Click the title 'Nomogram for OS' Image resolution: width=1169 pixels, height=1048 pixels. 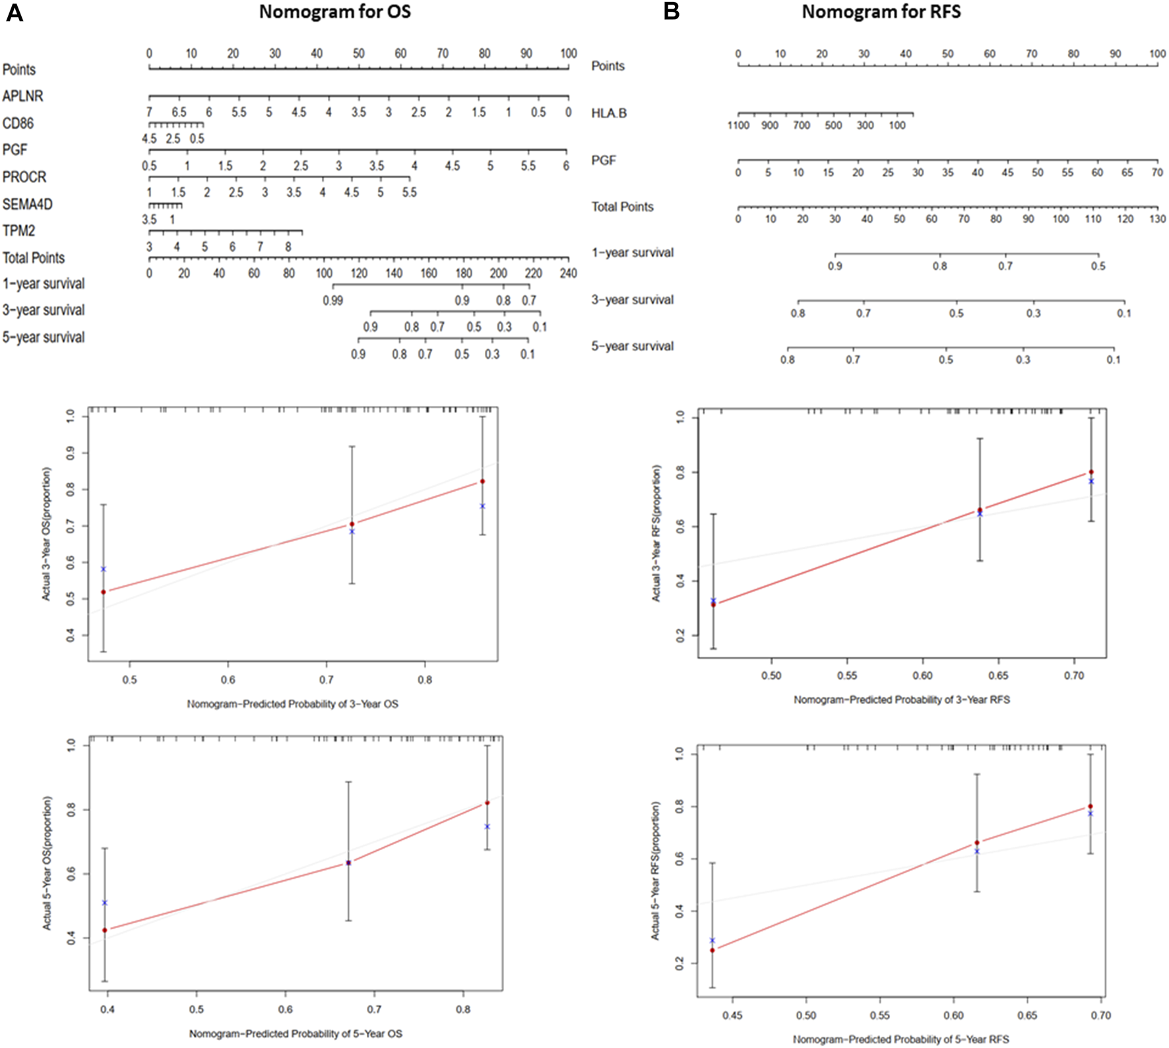pyautogui.click(x=334, y=12)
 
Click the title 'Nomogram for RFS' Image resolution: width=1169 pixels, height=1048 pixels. pyautogui.click(x=881, y=12)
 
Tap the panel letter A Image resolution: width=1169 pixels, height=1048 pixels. pyautogui.click(x=14, y=13)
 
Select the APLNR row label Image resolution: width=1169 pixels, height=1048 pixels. pyautogui.click(x=22, y=96)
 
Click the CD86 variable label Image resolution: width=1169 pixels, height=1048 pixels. pyautogui.click(x=18, y=123)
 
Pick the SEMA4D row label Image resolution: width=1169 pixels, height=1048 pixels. pyautogui.click(x=27, y=205)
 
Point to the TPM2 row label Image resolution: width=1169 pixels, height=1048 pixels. pyautogui.click(x=18, y=231)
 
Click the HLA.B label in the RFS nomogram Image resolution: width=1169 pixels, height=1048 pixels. pyautogui.click(x=609, y=114)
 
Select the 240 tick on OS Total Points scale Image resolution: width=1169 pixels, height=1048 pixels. pyautogui.click(x=568, y=273)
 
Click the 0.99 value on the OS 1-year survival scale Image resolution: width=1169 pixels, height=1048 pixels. pyautogui.click(x=333, y=300)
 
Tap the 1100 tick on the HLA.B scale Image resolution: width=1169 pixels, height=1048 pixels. pyautogui.click(x=738, y=125)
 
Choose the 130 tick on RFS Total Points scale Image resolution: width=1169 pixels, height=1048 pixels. pyautogui.click(x=1157, y=219)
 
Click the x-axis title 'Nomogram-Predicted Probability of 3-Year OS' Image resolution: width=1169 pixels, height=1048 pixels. pyautogui.click(x=292, y=704)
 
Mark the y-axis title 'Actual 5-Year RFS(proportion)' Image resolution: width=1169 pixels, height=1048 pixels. pyautogui.click(x=655, y=870)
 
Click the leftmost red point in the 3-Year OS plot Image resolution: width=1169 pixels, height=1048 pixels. pyautogui.click(x=103, y=592)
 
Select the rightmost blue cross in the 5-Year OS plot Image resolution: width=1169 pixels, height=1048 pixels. pyautogui.click(x=487, y=826)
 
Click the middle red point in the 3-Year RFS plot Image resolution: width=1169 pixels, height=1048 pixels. pyautogui.click(x=980, y=509)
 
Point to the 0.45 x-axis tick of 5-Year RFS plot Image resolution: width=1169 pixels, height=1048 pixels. pyautogui.click(x=732, y=1015)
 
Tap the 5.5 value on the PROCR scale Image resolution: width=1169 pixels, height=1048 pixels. pyautogui.click(x=409, y=193)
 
